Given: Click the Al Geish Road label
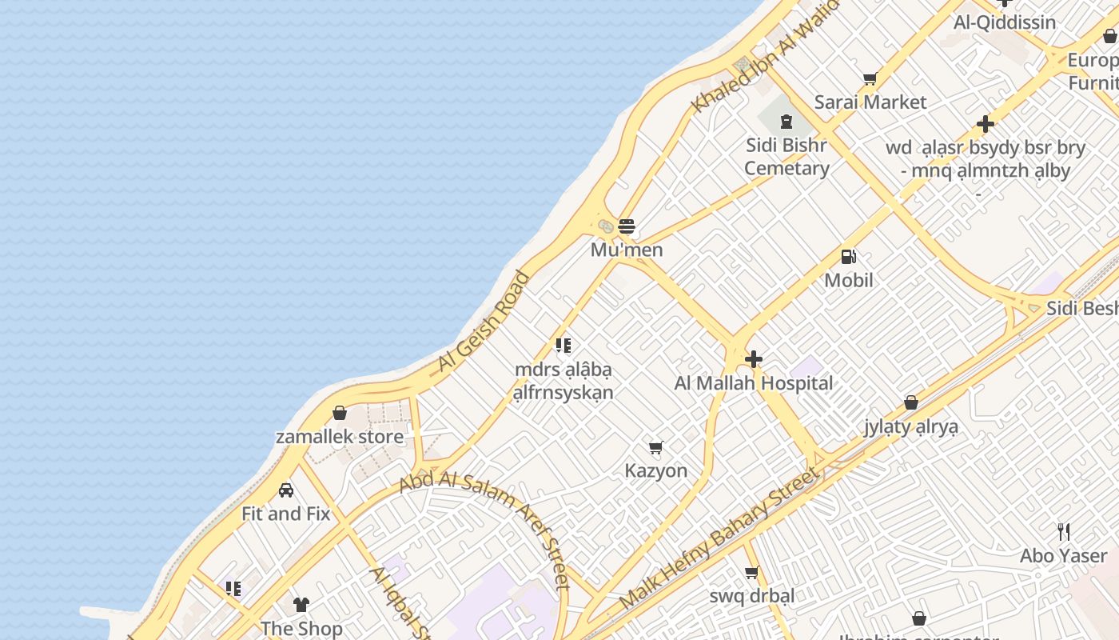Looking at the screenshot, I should pos(484,322).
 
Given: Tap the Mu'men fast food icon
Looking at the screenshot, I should pos(627,226).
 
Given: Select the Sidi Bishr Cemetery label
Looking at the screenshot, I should pos(786,157).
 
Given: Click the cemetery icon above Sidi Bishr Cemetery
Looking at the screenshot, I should pos(786,122).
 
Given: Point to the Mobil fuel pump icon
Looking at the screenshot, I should pos(849,257).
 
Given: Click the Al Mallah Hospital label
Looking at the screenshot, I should pos(754,383).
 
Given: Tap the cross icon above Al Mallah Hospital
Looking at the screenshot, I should pos(753,359).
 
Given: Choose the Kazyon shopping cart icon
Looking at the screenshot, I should pos(656,447).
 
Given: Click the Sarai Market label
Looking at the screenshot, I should pos(870,102).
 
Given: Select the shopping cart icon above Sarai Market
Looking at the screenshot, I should pos(870,78).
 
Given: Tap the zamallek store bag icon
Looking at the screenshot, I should pos(340,413).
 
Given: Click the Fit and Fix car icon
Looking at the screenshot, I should pos(286,490).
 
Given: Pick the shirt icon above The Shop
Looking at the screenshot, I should pos(301,604).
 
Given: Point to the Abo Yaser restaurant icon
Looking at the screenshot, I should pos(1064,532).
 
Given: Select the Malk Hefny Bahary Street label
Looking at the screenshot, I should pos(719,538).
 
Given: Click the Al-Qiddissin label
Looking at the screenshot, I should pos(1005,22).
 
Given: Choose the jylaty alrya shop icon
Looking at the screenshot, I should pos(911,402).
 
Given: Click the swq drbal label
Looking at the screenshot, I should pos(752,596).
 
